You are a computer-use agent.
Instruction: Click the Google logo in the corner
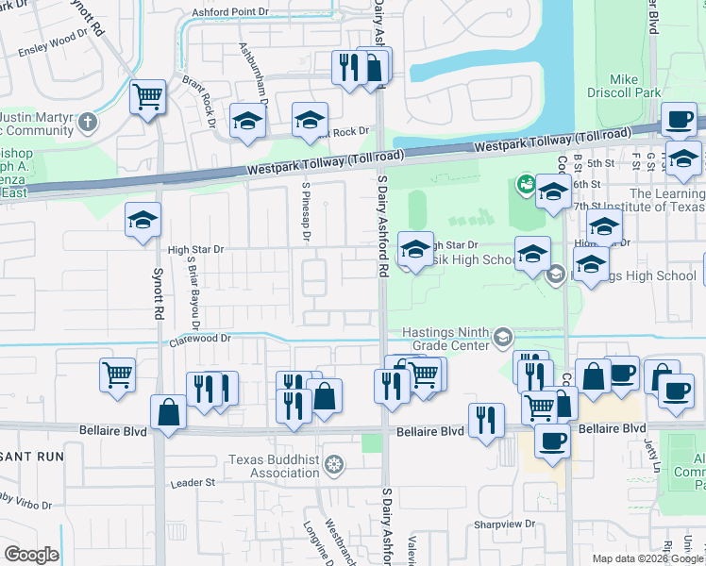click(x=30, y=555)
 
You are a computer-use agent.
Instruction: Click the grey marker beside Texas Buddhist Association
click(x=332, y=464)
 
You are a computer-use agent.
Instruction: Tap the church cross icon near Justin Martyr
click(x=87, y=122)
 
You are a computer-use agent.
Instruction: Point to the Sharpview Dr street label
click(x=503, y=523)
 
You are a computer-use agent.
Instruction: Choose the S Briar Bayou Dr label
click(x=193, y=288)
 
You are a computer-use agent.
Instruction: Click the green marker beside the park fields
click(x=525, y=186)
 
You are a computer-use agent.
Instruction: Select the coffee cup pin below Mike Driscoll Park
click(x=678, y=120)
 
